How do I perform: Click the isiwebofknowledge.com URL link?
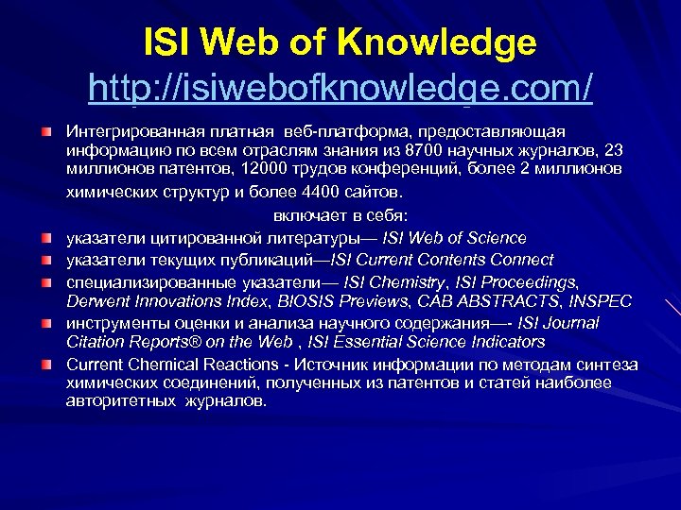pyautogui.click(x=340, y=89)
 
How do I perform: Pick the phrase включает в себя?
pyautogui.click(x=341, y=214)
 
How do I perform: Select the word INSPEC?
pyautogui.click(x=596, y=300)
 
